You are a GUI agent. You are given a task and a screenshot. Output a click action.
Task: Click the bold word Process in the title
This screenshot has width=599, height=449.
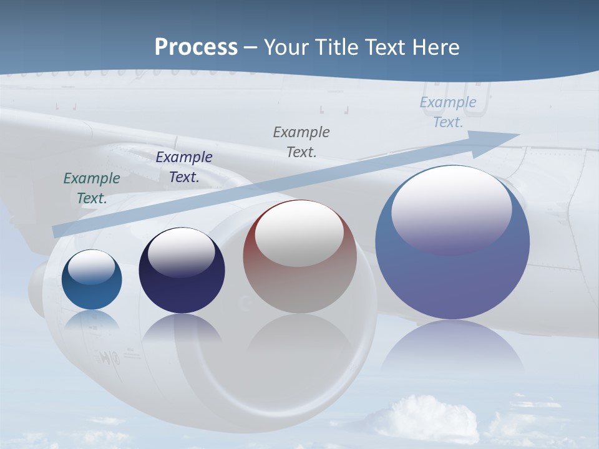point(196,47)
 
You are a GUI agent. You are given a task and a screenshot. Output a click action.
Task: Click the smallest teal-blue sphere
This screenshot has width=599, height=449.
point(92,279)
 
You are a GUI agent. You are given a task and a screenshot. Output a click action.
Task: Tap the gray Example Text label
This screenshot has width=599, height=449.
point(301,142)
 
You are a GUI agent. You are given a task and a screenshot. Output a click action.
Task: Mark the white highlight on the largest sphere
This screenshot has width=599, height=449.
point(451,209)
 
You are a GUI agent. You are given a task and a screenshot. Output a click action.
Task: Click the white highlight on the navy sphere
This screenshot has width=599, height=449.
point(182,251)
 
